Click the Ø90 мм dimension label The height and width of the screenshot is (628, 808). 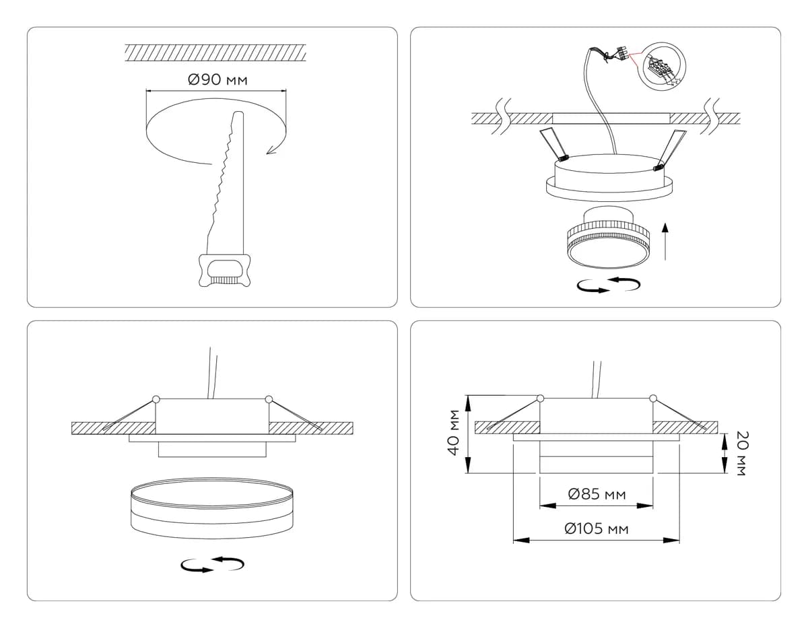pos(217,80)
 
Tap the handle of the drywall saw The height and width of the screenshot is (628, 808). pos(225,271)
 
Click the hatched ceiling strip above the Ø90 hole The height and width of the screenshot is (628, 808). pos(215,53)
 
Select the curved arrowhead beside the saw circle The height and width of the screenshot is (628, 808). pos(271,149)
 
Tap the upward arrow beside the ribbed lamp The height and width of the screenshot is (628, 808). pos(665,241)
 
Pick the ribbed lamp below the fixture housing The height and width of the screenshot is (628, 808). pos(608,237)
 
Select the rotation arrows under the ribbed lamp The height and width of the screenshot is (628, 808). pos(609,285)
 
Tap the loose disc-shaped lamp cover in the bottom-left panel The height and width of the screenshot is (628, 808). pos(212,508)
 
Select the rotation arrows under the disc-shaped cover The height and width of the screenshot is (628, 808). pos(212,565)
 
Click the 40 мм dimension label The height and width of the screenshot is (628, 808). pos(454,433)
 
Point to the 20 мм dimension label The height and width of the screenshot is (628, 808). pos(742,454)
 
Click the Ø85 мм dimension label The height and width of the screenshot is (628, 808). pos(597,494)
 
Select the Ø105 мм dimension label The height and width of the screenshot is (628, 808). pos(597,529)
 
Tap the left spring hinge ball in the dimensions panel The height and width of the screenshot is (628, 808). pos(540,398)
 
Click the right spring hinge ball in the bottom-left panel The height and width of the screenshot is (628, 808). pos(269,400)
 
